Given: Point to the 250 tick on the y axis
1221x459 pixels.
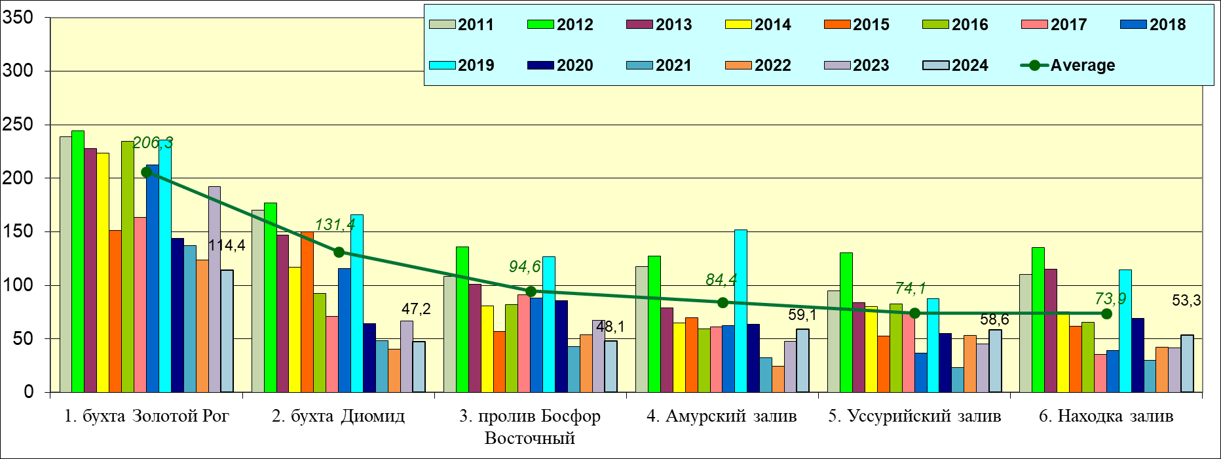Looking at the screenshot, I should pos(18,125).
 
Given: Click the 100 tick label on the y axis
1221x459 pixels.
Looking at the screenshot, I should pos(18,285).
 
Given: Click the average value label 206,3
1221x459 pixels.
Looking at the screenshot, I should pos(153,143).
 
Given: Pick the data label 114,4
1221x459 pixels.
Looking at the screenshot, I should pos(227,246).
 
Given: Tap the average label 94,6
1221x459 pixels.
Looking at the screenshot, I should pos(525,266).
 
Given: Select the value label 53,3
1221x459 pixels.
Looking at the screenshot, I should pos(1186,301).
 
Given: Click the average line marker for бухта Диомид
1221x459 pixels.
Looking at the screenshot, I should pos(339,252).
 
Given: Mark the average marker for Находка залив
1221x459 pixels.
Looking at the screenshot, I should pos(1106,314).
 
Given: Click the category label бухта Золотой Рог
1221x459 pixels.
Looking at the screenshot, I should pos(147,416).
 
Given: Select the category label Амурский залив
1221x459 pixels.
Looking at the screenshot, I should pos(721,416).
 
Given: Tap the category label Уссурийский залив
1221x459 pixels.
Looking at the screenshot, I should pos(914,416).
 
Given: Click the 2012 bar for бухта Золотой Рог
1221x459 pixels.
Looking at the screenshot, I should pos(78,262).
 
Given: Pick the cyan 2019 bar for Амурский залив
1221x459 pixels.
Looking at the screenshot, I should pos(740,311).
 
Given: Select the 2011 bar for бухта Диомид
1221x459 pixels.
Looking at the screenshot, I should pos(257,302).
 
